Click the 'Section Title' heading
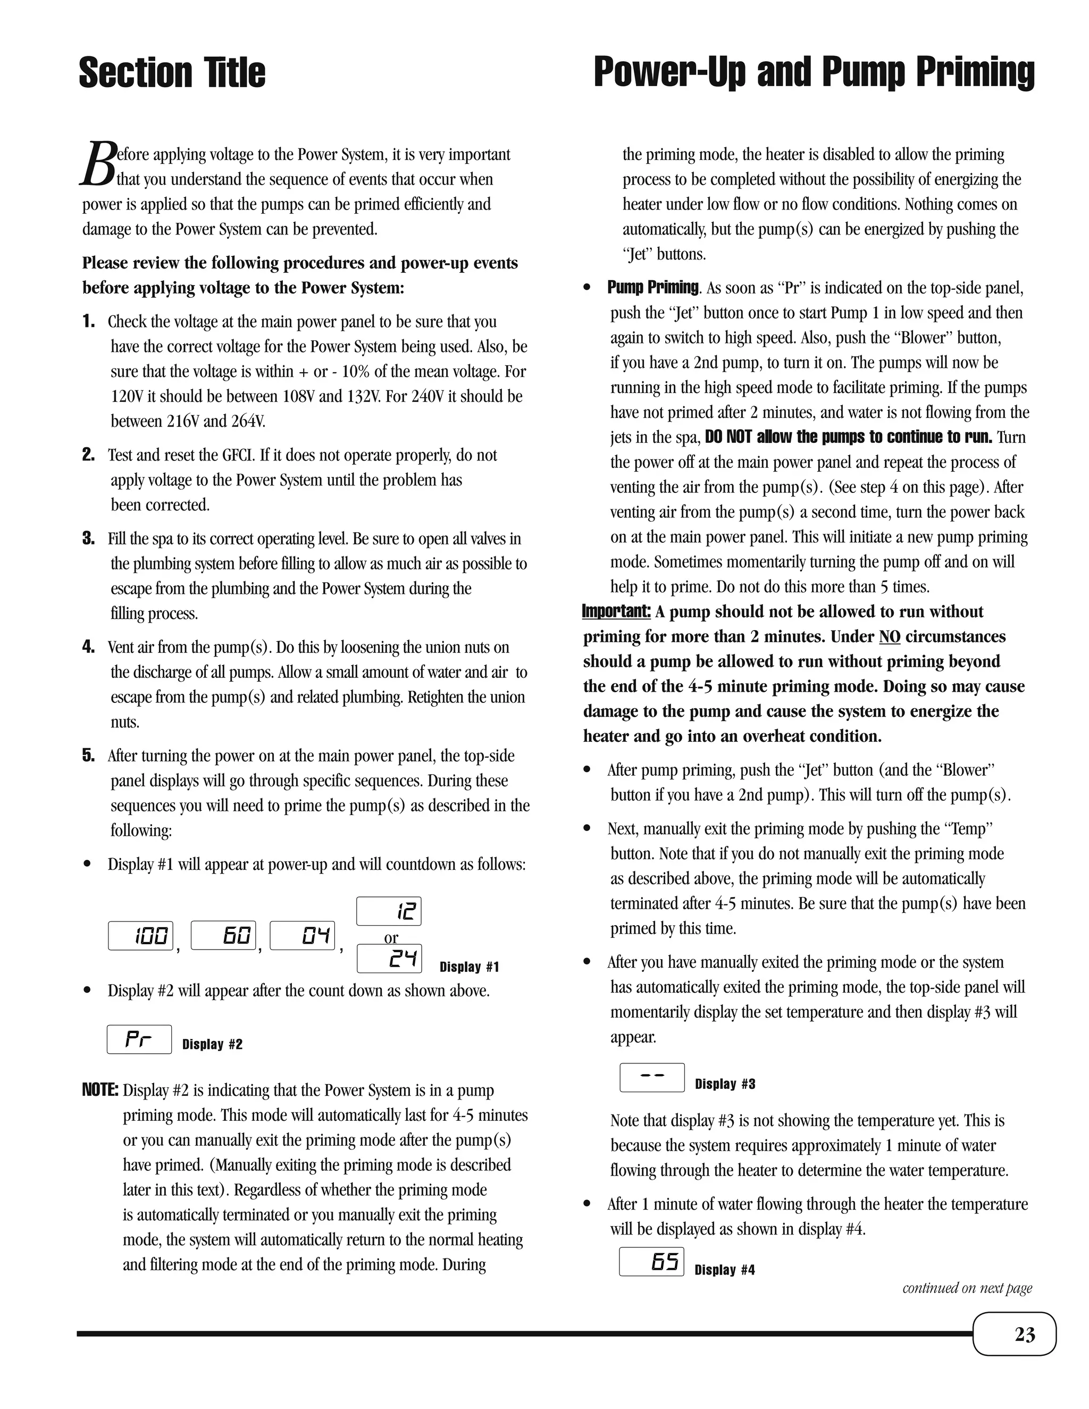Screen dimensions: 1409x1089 point(172,73)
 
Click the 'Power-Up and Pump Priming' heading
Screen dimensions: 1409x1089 point(814,73)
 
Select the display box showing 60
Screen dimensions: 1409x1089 point(223,935)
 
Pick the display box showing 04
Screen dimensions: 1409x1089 point(302,935)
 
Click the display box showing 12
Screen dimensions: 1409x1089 point(389,911)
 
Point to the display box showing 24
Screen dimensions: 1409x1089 point(389,959)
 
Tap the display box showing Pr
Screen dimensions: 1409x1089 point(139,1039)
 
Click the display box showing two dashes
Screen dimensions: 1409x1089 point(651,1077)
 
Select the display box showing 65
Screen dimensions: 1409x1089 point(651,1262)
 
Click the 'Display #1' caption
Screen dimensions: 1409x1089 point(469,967)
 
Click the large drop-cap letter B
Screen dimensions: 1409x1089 point(98,164)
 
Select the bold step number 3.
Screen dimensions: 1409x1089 point(88,539)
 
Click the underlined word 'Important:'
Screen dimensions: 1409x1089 point(616,611)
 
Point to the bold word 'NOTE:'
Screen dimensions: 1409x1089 point(100,1091)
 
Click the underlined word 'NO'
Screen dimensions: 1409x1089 point(889,637)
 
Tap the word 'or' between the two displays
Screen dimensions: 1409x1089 point(391,937)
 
